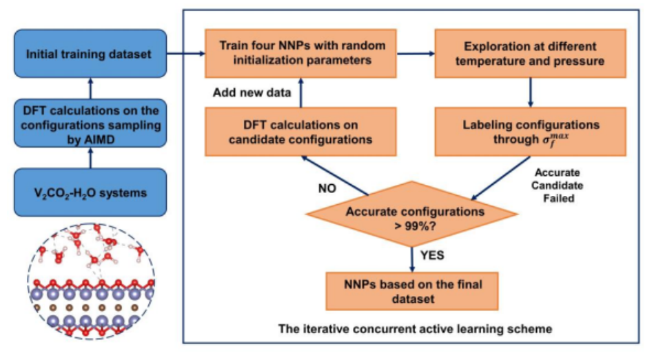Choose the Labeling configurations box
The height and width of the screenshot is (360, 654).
pos(529,130)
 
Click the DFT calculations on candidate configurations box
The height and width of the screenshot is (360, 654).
pos(300,130)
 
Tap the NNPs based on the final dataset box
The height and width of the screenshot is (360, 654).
pos(411,290)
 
